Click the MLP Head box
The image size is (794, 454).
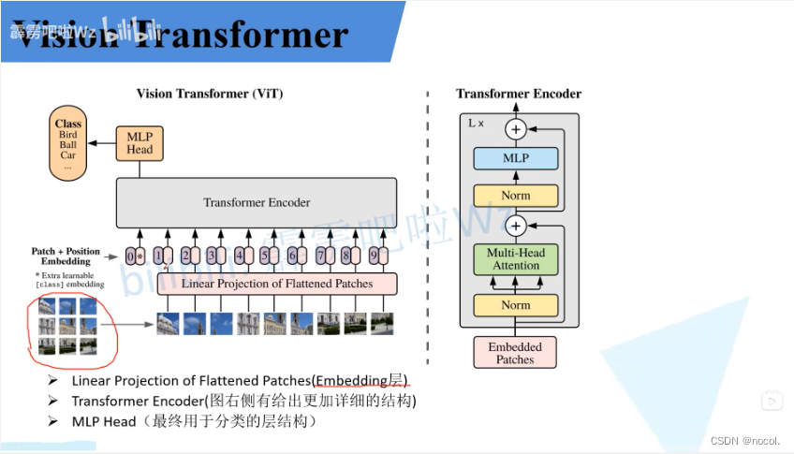pyautogui.click(x=140, y=141)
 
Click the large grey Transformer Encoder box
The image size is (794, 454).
pyautogui.click(x=257, y=202)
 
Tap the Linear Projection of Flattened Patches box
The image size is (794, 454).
pyautogui.click(x=277, y=284)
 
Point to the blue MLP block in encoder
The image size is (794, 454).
pyautogui.click(x=516, y=158)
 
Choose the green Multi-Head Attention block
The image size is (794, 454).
pyautogui.click(x=516, y=259)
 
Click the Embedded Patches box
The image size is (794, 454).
pyautogui.click(x=514, y=353)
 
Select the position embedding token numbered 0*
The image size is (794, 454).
pyautogui.click(x=135, y=256)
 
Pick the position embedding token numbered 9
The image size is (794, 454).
pyautogui.click(x=375, y=255)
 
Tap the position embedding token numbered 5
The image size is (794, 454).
pyautogui.click(x=268, y=255)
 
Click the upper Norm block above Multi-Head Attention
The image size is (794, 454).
pyautogui.click(x=516, y=196)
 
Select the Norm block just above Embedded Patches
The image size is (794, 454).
pyautogui.click(x=516, y=305)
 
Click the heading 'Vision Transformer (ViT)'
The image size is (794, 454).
pyautogui.click(x=210, y=94)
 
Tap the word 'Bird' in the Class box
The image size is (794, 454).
pyautogui.click(x=67, y=135)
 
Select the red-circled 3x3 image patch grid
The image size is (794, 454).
pyautogui.click(x=67, y=328)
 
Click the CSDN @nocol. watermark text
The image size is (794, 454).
pyautogui.click(x=745, y=440)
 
